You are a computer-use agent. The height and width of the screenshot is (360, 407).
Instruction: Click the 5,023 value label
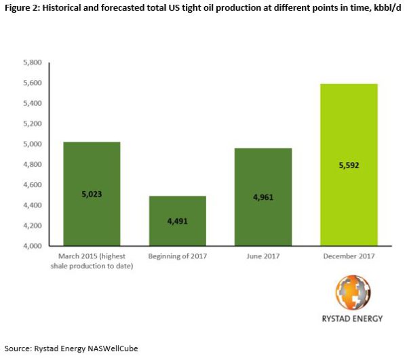(91, 194)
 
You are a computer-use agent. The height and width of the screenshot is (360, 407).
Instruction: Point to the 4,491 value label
(177, 220)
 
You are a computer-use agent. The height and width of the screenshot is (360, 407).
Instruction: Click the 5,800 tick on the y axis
(33, 63)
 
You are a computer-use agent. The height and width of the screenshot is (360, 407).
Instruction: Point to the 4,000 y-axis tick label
(33, 246)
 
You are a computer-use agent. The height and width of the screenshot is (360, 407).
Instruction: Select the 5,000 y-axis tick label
(33, 144)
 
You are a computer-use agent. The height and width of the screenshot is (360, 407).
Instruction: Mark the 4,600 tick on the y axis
(33, 185)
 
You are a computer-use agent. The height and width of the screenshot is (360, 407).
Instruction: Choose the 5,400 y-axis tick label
(33, 104)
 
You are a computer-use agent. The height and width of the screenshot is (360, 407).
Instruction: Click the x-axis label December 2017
(349, 256)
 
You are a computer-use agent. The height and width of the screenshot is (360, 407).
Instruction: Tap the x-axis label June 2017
(263, 256)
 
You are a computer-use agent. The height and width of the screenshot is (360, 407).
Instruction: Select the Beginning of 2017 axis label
(177, 256)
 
